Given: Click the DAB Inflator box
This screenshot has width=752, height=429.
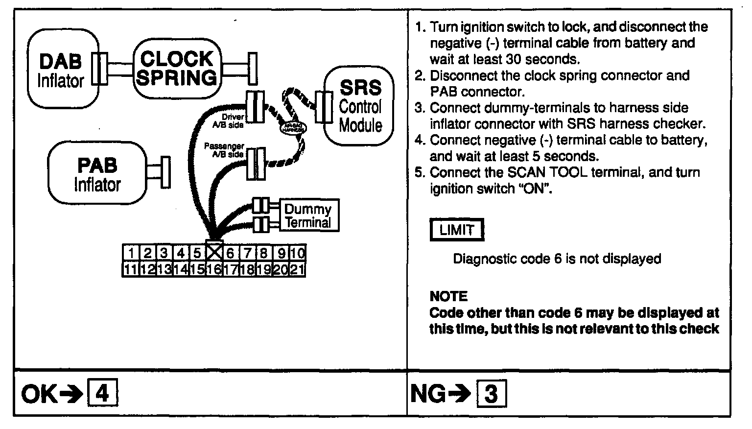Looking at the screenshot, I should [61, 69].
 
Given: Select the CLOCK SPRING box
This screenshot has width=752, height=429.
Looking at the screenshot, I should [177, 68].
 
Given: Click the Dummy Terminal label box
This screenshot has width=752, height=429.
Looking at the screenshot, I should [308, 215].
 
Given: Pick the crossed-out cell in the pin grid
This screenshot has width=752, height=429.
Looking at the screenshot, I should [214, 252].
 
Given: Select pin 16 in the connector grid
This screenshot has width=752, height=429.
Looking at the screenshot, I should [213, 269].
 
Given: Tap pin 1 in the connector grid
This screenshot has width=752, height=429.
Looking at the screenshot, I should [131, 253].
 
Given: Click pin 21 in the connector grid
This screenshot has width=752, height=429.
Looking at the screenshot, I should [297, 269].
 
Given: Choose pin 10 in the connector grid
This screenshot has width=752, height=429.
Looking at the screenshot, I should [297, 253].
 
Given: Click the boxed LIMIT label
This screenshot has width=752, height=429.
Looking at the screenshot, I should [456, 230].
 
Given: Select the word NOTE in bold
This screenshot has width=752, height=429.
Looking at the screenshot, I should [448, 296].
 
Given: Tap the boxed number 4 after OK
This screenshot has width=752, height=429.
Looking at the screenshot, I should [102, 393].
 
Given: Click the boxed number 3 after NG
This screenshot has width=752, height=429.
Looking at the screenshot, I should [491, 394].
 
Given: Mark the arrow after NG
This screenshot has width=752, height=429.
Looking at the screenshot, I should [460, 394].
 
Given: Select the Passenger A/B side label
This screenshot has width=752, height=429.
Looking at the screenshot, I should [224, 150].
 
